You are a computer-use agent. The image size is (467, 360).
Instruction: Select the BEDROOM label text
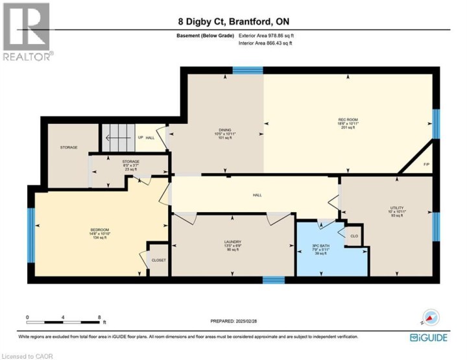[99, 230]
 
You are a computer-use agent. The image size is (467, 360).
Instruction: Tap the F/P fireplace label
[426, 164]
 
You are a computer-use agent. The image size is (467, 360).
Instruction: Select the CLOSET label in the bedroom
[158, 260]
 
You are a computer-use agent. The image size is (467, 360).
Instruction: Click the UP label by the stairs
[140, 138]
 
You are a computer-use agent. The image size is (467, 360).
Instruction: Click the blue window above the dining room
[243, 70]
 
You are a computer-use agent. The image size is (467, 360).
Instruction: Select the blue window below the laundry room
[274, 280]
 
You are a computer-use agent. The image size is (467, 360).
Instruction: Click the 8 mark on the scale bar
[99, 317]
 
